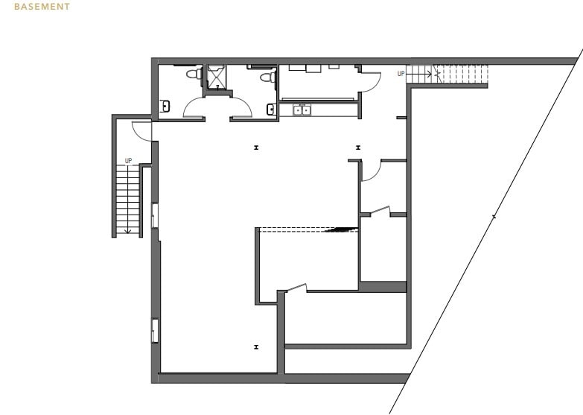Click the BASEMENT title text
pyautogui.click(x=42, y=7)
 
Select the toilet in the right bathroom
pyautogui.click(x=267, y=76)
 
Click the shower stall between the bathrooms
pyautogui.click(x=216, y=77)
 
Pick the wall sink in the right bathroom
pyautogui.click(x=272, y=110)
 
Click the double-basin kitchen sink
pyautogui.click(x=302, y=110)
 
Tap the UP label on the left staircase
pyautogui.click(x=128, y=161)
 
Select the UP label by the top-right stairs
pyautogui.click(x=401, y=74)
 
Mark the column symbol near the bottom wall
pyautogui.click(x=256, y=346)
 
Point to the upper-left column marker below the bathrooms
pyautogui.click(x=256, y=148)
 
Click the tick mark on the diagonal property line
pyautogui.click(x=494, y=217)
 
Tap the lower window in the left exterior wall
pyautogui.click(x=155, y=330)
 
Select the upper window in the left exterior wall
pyautogui.click(x=155, y=215)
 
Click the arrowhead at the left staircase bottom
pyautogui.click(x=128, y=231)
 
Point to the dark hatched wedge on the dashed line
pyautogui.click(x=343, y=229)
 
